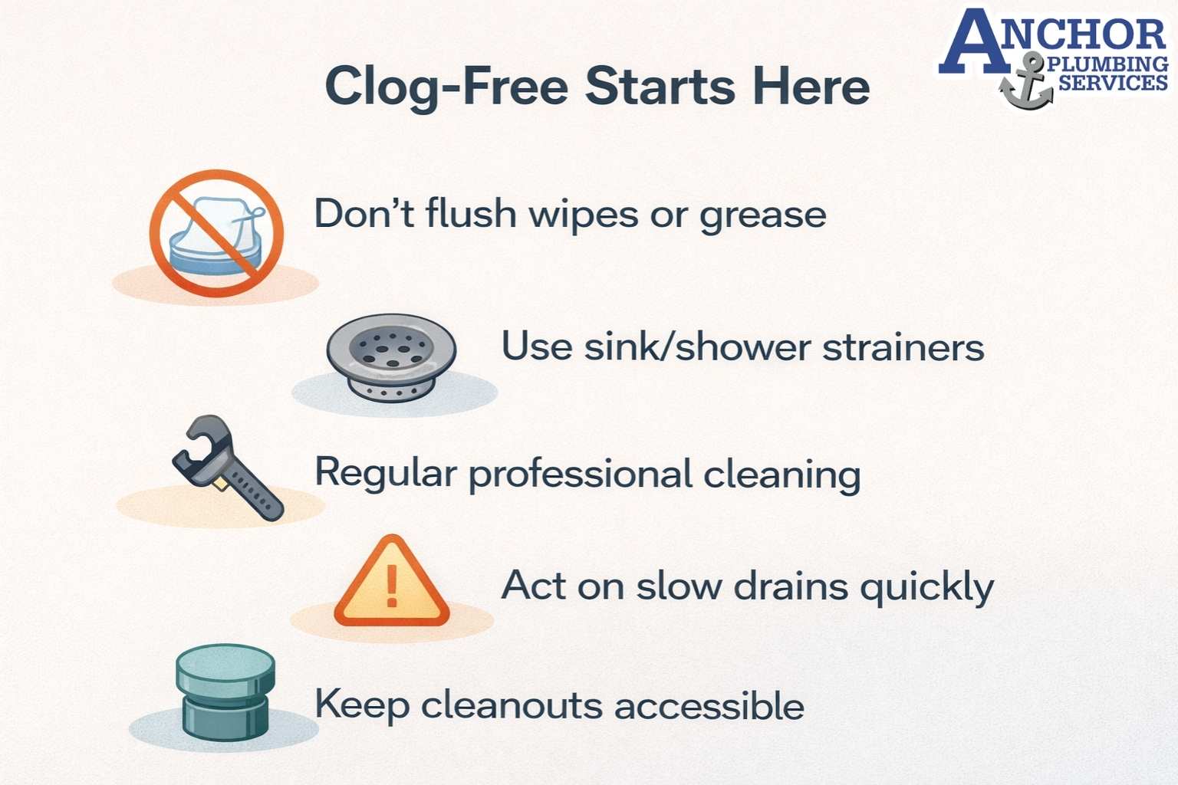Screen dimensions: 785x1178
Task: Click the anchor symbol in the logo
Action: tap(1028, 83)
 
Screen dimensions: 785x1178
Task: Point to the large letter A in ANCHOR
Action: tap(972, 42)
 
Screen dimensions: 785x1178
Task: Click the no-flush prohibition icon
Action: tap(216, 234)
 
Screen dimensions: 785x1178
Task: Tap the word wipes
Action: tap(583, 214)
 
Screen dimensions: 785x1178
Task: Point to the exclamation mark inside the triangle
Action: tap(392, 586)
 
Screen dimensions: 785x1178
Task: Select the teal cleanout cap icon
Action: tap(225, 692)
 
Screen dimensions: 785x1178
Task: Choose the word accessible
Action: tap(709, 705)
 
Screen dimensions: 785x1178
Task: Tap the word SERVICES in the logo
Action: tap(1113, 81)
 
